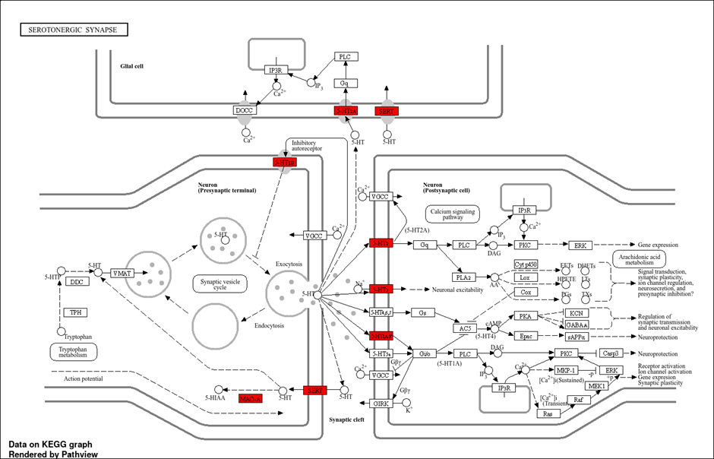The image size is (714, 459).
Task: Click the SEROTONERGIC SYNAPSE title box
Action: point(73,30)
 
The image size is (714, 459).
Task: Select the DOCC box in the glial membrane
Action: point(244,110)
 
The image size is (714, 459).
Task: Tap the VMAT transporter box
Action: point(123,273)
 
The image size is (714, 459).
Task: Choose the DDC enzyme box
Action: point(77,282)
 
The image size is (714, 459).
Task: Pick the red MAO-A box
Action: point(250,398)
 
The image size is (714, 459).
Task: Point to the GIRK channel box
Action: point(382,404)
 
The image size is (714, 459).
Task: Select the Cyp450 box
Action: point(526,264)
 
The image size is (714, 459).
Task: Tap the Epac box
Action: point(526,336)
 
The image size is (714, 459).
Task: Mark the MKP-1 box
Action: point(566,370)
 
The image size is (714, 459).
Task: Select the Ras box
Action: point(548,414)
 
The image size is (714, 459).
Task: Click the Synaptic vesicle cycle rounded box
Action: point(220,284)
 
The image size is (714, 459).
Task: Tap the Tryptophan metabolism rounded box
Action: point(74,351)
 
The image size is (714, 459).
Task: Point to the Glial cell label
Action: point(131,66)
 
